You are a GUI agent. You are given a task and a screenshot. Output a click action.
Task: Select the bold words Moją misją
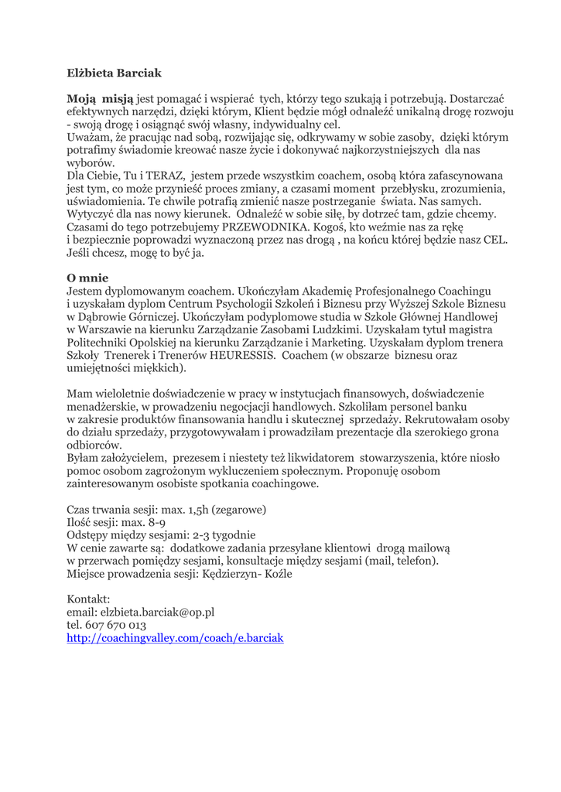click(100, 99)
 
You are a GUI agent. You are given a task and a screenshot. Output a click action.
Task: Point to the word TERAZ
click(164, 176)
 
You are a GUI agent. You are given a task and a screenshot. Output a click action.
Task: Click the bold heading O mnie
click(87, 277)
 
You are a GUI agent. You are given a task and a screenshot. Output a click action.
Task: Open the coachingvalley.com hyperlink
click(176, 638)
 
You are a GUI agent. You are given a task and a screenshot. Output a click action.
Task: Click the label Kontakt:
click(89, 599)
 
